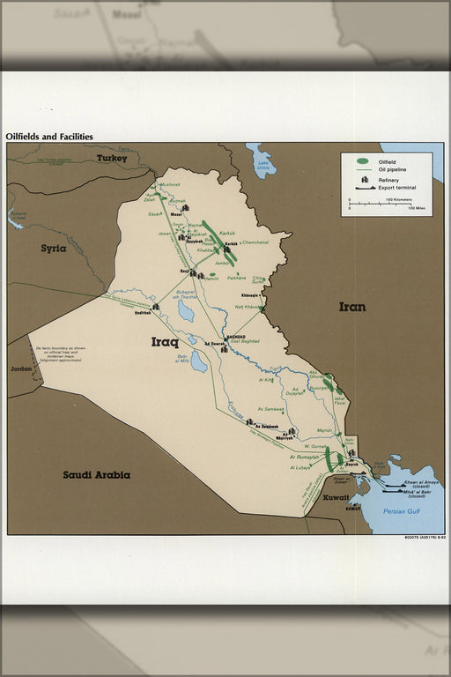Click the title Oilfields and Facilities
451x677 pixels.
tap(49, 137)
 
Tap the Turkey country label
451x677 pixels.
tap(112, 159)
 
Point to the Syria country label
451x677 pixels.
tap(54, 249)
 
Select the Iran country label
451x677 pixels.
tap(352, 307)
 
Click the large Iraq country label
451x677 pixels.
tap(165, 342)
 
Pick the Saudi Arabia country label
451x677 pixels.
tap(96, 474)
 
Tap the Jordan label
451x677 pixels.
tap(19, 368)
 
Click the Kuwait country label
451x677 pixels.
tap(336, 498)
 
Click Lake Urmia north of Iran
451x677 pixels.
tap(261, 162)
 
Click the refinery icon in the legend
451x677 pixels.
tap(363, 180)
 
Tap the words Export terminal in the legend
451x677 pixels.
tap(397, 188)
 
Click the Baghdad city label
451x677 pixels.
tap(235, 336)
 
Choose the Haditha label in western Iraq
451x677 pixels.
tap(143, 313)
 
